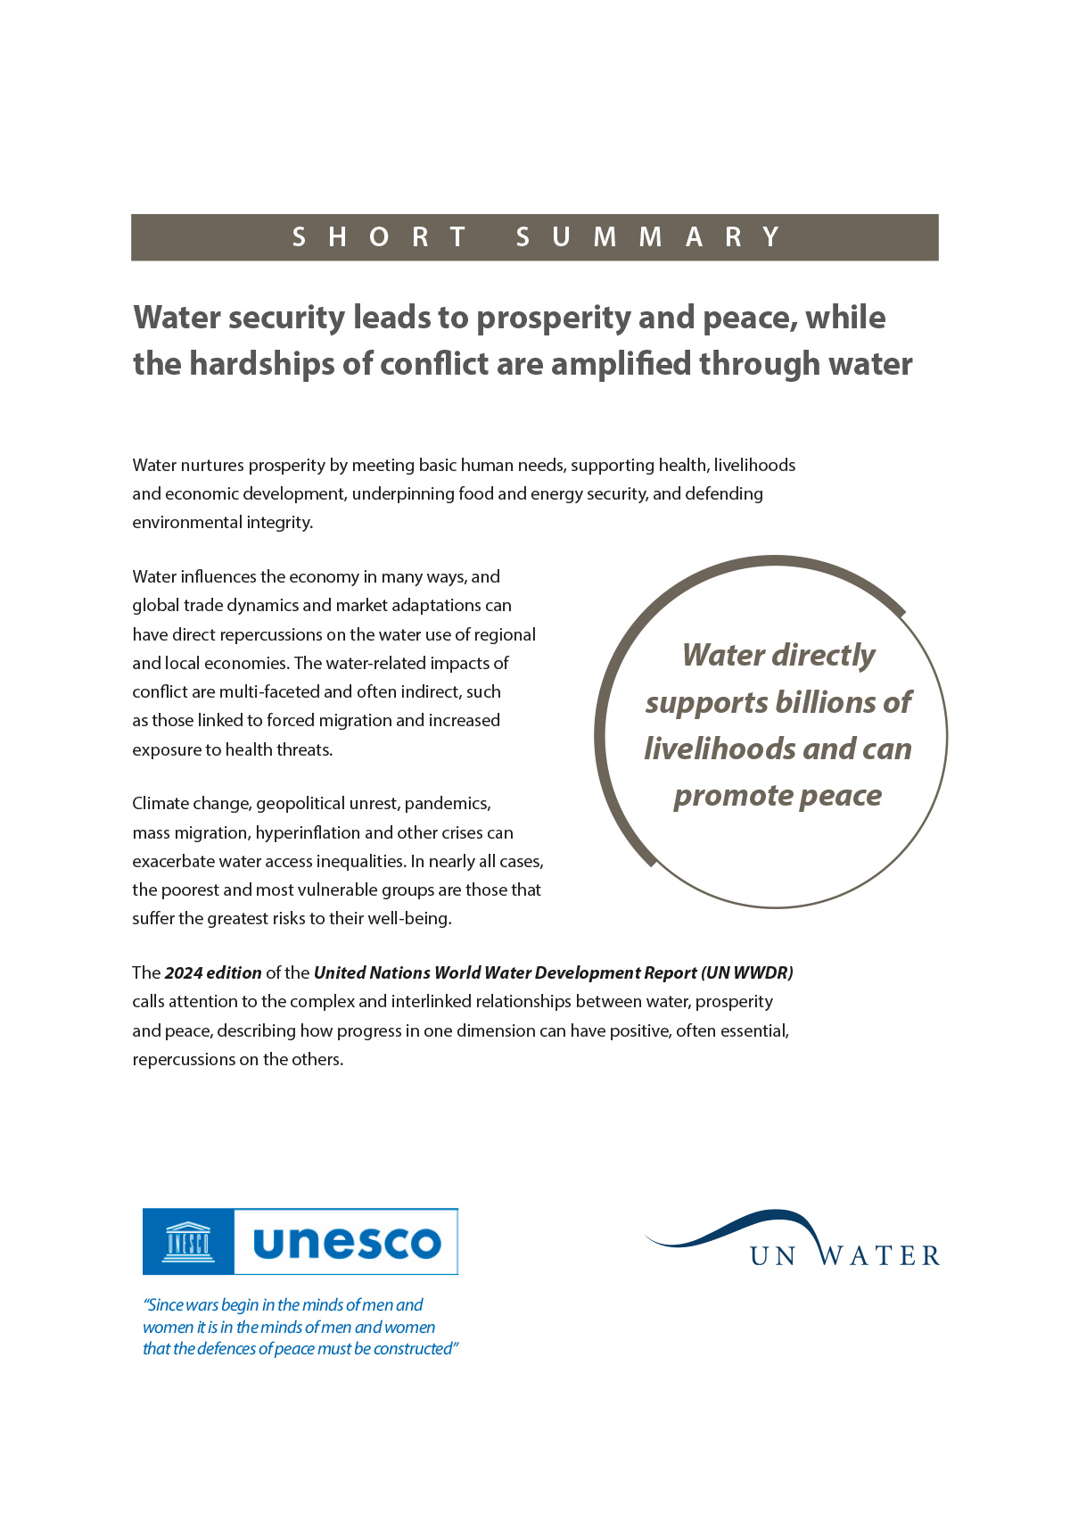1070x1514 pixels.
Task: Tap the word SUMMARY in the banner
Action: tap(649, 237)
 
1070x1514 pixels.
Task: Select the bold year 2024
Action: tap(184, 972)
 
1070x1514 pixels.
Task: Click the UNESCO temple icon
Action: tap(188, 1242)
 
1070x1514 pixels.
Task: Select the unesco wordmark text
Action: tap(347, 1242)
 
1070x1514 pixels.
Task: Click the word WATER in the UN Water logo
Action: tap(879, 1256)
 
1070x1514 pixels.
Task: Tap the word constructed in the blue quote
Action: tap(414, 1348)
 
